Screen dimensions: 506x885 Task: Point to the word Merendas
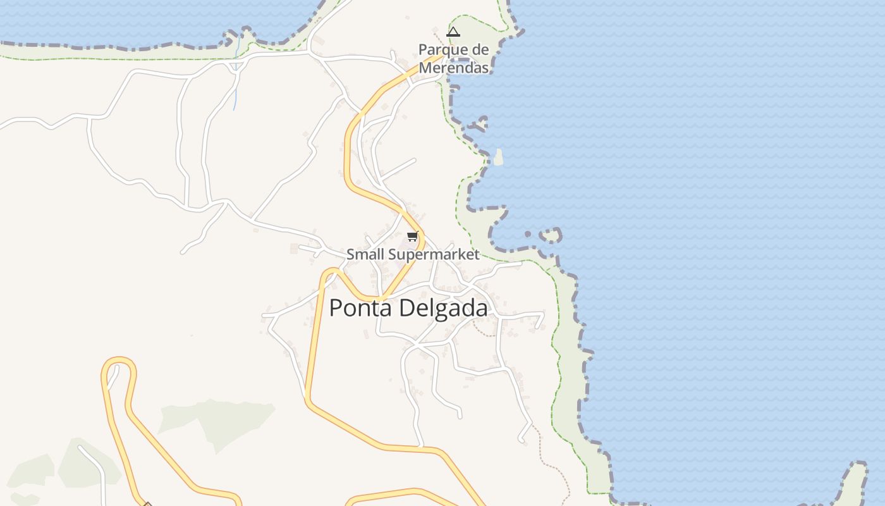pyautogui.click(x=454, y=68)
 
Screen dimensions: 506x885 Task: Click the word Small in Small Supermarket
pyautogui.click(x=365, y=255)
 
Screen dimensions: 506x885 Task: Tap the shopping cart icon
pyautogui.click(x=413, y=237)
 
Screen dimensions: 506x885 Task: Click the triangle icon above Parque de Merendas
pyautogui.click(x=453, y=32)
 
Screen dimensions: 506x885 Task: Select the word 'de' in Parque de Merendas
pyautogui.click(x=480, y=50)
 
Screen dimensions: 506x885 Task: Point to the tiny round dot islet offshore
pyautogui.click(x=528, y=235)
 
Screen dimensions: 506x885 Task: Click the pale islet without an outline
pyautogui.click(x=499, y=157)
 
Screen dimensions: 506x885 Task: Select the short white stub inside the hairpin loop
pyautogui.click(x=113, y=378)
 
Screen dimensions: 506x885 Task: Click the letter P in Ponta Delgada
pyautogui.click(x=336, y=308)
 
